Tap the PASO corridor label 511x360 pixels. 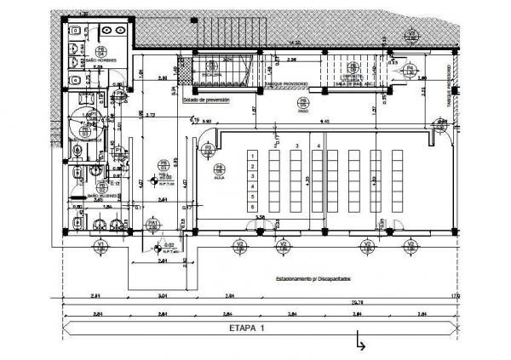[x=302, y=109]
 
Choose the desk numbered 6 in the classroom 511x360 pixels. [x=253, y=207]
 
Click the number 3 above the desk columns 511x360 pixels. [x=296, y=146]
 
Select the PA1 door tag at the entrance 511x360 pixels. [x=152, y=224]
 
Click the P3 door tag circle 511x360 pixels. [x=207, y=150]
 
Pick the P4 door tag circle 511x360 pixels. [x=410, y=67]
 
